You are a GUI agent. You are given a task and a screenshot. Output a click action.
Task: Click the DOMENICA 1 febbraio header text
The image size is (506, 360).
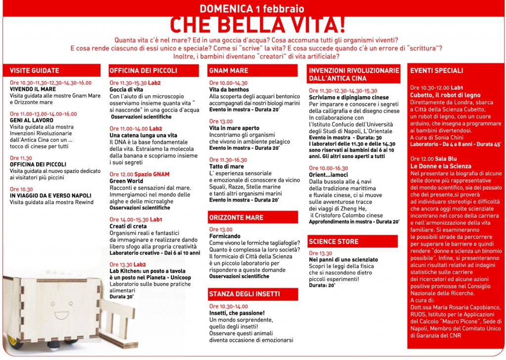[252, 8]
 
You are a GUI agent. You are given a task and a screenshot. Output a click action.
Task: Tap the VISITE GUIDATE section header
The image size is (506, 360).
[35, 71]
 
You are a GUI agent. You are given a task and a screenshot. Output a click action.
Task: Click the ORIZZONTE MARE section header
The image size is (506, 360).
[236, 217]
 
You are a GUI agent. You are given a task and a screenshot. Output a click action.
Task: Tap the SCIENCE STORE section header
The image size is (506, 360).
[334, 241]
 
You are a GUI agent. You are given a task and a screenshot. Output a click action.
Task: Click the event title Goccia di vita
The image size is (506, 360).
[126, 90]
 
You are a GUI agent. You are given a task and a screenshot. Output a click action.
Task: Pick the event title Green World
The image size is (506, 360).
[126, 181]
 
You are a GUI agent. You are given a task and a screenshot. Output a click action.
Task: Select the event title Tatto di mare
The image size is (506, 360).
[227, 167]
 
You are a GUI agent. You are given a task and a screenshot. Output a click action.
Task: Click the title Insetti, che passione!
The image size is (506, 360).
[237, 313]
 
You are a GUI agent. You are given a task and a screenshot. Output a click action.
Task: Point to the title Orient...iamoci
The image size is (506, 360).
[328, 175]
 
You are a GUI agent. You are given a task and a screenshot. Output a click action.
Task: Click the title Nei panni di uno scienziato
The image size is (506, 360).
[343, 260]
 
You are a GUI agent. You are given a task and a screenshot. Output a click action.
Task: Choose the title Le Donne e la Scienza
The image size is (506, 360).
[441, 166]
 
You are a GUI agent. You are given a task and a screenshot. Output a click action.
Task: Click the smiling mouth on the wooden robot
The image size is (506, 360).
[61, 314]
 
